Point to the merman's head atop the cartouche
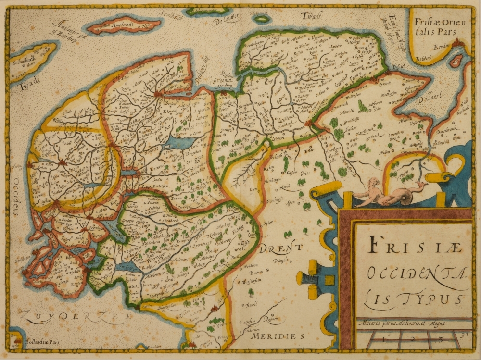370,183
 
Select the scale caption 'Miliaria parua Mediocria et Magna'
401,323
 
